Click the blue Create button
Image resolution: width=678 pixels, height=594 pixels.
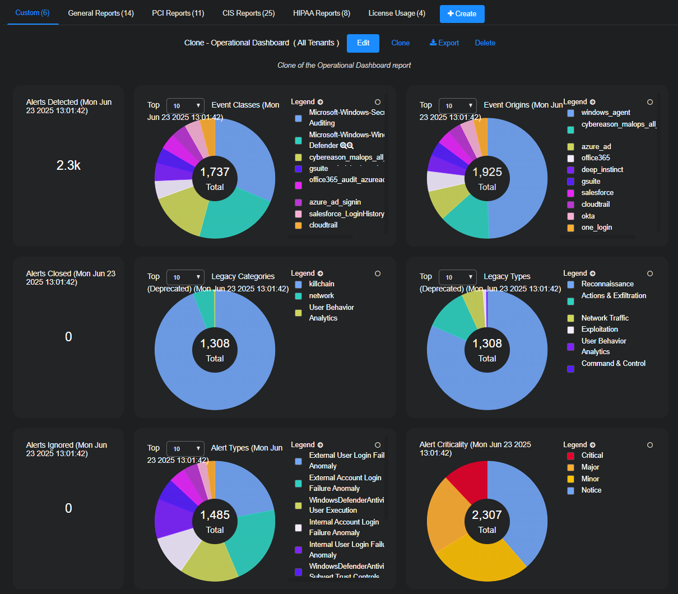[x=462, y=14]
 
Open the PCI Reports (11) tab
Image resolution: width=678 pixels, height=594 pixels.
[x=178, y=13]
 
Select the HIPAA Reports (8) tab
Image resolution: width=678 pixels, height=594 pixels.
[x=321, y=13]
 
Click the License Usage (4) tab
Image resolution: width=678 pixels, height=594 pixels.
[x=396, y=13]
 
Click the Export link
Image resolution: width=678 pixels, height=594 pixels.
[x=444, y=43]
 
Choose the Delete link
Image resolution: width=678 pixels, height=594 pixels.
[x=485, y=43]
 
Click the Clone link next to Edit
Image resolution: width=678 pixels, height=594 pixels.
[x=400, y=43]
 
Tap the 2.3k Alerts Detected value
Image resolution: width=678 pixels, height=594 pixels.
[x=68, y=165]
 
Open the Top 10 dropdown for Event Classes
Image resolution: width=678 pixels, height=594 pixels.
[x=186, y=105]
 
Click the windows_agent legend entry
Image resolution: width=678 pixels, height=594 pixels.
[x=605, y=113]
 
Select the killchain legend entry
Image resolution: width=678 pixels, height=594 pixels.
[x=321, y=284]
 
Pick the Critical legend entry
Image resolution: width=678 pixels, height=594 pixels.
[x=592, y=456]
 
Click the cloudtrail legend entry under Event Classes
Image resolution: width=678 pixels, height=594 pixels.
[x=323, y=225]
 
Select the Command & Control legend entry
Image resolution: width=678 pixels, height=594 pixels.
[x=613, y=364]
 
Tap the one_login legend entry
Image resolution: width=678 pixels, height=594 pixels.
[x=596, y=228]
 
